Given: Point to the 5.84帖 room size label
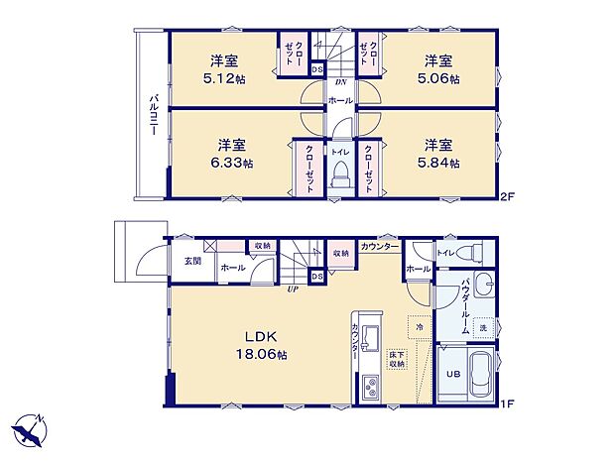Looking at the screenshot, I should coord(437,162).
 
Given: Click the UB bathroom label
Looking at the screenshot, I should coord(451,374).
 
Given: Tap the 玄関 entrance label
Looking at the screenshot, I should coord(192,261).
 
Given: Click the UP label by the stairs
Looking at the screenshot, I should coord(293,289).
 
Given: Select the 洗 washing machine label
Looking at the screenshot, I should coord(484,328).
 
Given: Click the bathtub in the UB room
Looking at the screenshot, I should coord(478,375).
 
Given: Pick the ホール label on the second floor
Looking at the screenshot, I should coord(339,101).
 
